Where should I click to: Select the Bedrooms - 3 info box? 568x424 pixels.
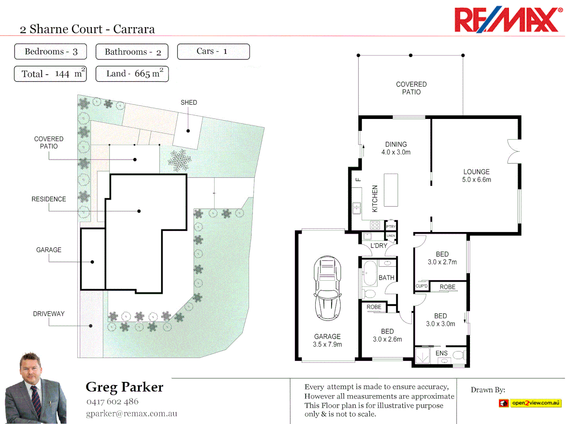[50, 51]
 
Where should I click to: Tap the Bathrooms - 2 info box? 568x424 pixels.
[132, 52]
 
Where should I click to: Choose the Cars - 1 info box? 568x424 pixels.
[213, 51]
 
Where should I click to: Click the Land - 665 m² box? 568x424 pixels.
[132, 74]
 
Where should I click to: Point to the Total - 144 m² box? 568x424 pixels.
[50, 74]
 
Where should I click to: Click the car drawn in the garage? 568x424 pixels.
[327, 288]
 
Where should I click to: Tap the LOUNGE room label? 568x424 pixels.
[476, 172]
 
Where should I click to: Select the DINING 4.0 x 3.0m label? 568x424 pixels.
[396, 148]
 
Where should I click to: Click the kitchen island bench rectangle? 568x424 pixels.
[391, 190]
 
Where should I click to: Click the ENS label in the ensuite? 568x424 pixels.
[441, 353]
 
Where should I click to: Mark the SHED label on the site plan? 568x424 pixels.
[189, 102]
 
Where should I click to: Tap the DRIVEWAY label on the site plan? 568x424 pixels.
[49, 314]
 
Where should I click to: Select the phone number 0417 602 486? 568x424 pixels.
[112, 402]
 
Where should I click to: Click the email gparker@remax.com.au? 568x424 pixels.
[131, 413]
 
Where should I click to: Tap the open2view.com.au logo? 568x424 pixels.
[530, 403]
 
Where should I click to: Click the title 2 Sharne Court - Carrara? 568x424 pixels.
[87, 29]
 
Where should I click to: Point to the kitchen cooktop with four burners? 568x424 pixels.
[375, 225]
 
